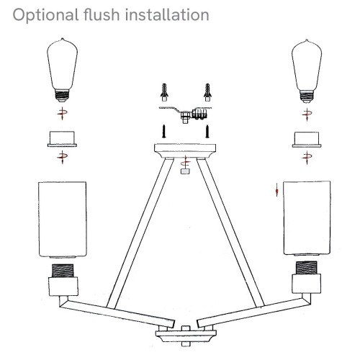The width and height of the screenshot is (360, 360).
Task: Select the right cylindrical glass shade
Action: click(x=308, y=219)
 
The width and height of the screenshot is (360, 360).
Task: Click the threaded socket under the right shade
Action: click(x=308, y=271)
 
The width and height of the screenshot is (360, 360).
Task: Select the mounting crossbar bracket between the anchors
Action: click(x=186, y=113)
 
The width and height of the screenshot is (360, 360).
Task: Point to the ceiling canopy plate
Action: click(x=186, y=149)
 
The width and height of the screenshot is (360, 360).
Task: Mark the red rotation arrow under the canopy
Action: click(x=186, y=161)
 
